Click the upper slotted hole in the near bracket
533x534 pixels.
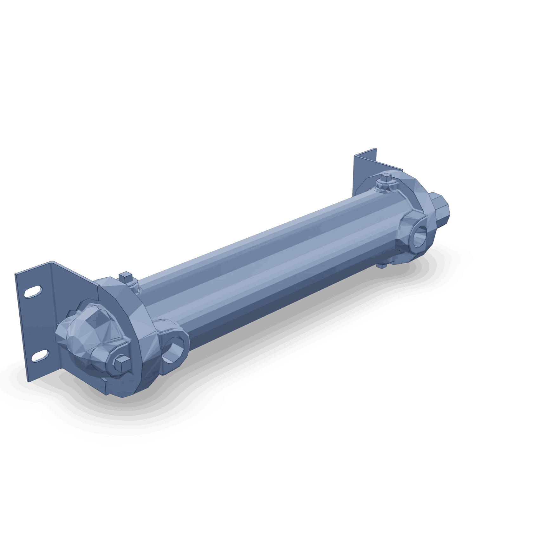(33, 291)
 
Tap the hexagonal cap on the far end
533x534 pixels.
(439, 209)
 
